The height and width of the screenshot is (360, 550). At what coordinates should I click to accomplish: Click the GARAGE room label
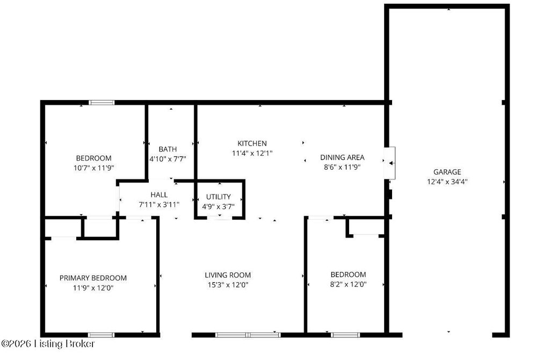pyautogui.click(x=447, y=172)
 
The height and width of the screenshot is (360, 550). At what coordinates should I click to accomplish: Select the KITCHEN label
pyautogui.click(x=252, y=143)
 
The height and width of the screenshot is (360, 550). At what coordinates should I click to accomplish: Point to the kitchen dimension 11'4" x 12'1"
pyautogui.click(x=252, y=153)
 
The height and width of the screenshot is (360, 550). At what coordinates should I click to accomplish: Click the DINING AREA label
pyautogui.click(x=342, y=157)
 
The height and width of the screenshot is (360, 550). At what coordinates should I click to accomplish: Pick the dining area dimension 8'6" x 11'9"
pyautogui.click(x=342, y=167)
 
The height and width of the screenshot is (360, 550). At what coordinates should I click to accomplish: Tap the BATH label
pyautogui.click(x=168, y=149)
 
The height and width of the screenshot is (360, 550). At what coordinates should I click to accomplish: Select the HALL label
pyautogui.click(x=159, y=195)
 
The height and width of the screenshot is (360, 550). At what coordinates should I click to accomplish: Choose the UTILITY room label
pyautogui.click(x=218, y=197)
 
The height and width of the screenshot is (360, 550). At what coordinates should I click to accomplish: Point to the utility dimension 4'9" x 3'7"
pyautogui.click(x=218, y=206)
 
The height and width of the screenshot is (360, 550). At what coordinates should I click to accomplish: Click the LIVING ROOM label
pyautogui.click(x=228, y=275)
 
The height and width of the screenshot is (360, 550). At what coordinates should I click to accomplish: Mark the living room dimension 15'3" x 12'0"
pyautogui.click(x=228, y=285)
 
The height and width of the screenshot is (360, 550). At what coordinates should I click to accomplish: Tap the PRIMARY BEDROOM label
pyautogui.click(x=93, y=278)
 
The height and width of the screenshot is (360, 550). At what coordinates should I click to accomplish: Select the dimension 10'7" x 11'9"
pyautogui.click(x=93, y=168)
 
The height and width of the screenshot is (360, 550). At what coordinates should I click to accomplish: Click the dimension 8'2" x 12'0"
pyautogui.click(x=348, y=285)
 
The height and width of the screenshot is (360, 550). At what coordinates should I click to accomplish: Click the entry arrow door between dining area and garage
pyautogui.click(x=390, y=163)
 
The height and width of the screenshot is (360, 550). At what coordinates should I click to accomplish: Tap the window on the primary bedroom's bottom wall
pyautogui.click(x=101, y=335)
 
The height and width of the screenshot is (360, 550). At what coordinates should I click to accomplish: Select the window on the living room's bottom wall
pyautogui.click(x=248, y=335)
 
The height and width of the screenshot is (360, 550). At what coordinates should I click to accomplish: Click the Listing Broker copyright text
pyautogui.click(x=48, y=343)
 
